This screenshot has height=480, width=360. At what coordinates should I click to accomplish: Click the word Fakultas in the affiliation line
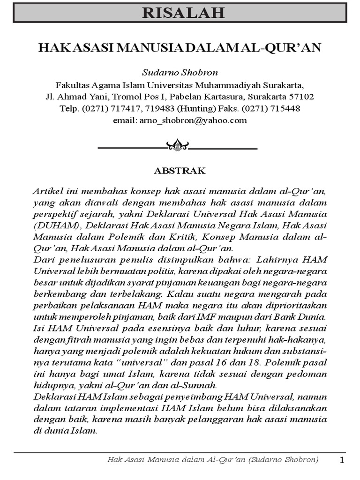point(72,86)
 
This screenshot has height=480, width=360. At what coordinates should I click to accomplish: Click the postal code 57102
point(301,97)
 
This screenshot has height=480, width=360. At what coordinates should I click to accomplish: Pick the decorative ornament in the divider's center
point(178,146)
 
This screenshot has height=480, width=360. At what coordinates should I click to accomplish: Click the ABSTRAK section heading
point(180,171)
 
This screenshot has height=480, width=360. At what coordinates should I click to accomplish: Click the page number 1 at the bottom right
point(342,460)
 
